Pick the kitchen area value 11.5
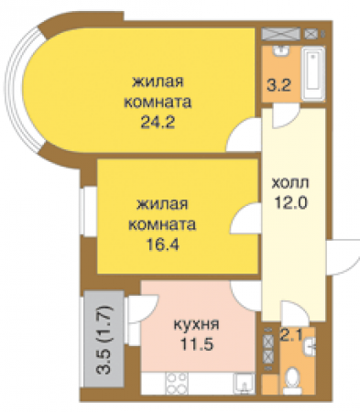[x=195, y=343]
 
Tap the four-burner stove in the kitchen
[x=176, y=381]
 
